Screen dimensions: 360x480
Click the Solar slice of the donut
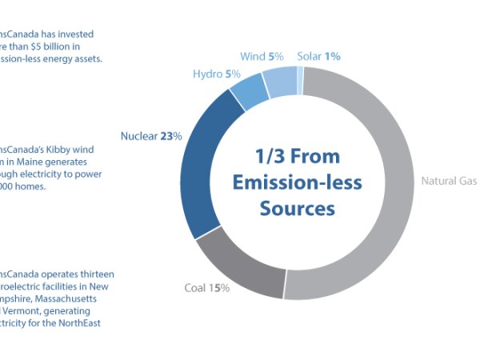300,80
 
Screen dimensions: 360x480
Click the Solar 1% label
318,57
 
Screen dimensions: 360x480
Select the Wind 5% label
262,57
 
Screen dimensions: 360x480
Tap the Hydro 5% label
212,74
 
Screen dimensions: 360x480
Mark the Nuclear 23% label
151,136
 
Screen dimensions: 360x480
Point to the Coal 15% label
207,288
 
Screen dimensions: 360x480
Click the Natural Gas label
449,181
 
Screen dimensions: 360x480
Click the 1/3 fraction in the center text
270,155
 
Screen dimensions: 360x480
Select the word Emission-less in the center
298,182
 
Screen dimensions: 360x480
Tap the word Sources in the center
297,209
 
